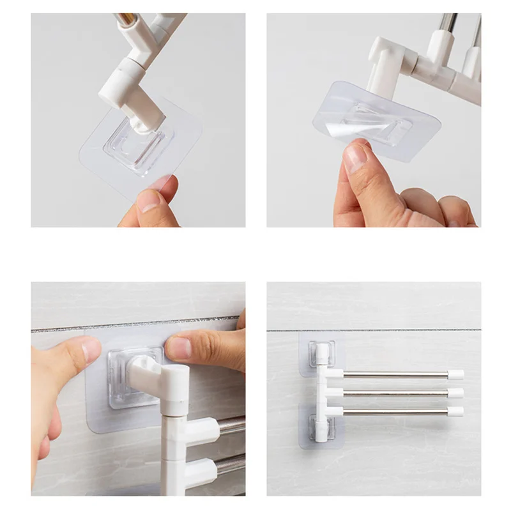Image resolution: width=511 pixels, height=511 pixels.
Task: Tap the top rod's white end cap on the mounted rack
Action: coord(455,375)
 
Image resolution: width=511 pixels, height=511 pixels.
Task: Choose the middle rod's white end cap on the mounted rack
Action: coord(455,393)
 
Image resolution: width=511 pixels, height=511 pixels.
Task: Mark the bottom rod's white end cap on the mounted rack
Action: coord(455,411)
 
